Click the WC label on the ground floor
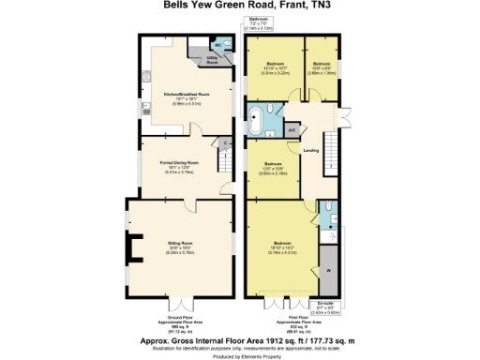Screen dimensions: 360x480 [x=217, y=44]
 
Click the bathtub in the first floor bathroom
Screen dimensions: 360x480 [x=255, y=119]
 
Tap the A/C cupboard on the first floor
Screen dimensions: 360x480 [x=292, y=129]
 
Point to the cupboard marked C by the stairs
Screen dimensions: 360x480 [x=226, y=143]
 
